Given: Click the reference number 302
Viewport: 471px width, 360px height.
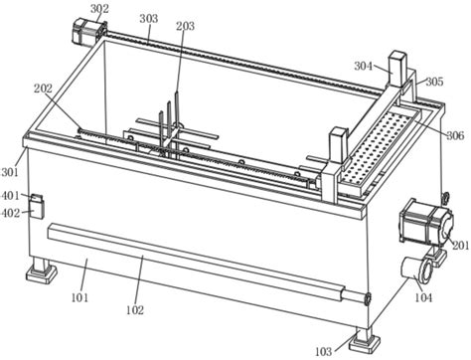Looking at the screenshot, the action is pyautogui.click(x=99, y=9).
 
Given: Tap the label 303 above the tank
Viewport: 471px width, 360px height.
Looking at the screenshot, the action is pyautogui.click(x=149, y=19).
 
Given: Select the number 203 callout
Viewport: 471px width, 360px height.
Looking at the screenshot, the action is pyautogui.click(x=185, y=26).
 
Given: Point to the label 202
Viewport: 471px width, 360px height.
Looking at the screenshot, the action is pyautogui.click(x=43, y=89).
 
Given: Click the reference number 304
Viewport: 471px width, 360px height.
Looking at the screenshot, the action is pyautogui.click(x=364, y=66).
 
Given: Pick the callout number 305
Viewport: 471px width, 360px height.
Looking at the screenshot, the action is pyautogui.click(x=434, y=82).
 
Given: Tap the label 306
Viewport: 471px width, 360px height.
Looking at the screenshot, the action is pyautogui.click(x=455, y=135).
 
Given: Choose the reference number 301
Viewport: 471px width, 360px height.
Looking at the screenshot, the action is pyautogui.click(x=10, y=172).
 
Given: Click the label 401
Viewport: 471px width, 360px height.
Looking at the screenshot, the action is pyautogui.click(x=11, y=196).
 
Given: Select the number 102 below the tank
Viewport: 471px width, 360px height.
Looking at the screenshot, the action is pyautogui.click(x=135, y=310).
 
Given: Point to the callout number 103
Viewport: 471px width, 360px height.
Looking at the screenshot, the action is pyautogui.click(x=323, y=351).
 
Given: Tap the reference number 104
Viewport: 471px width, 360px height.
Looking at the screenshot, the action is pyautogui.click(x=423, y=297).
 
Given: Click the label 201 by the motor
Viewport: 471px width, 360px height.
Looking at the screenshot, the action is pyautogui.click(x=460, y=246).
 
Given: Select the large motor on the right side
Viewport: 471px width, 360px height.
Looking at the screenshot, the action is pyautogui.click(x=426, y=222).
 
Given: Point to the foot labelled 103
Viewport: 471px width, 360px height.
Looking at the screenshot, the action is pyautogui.click(x=365, y=340).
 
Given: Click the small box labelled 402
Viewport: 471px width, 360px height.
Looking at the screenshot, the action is pyautogui.click(x=36, y=210).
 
